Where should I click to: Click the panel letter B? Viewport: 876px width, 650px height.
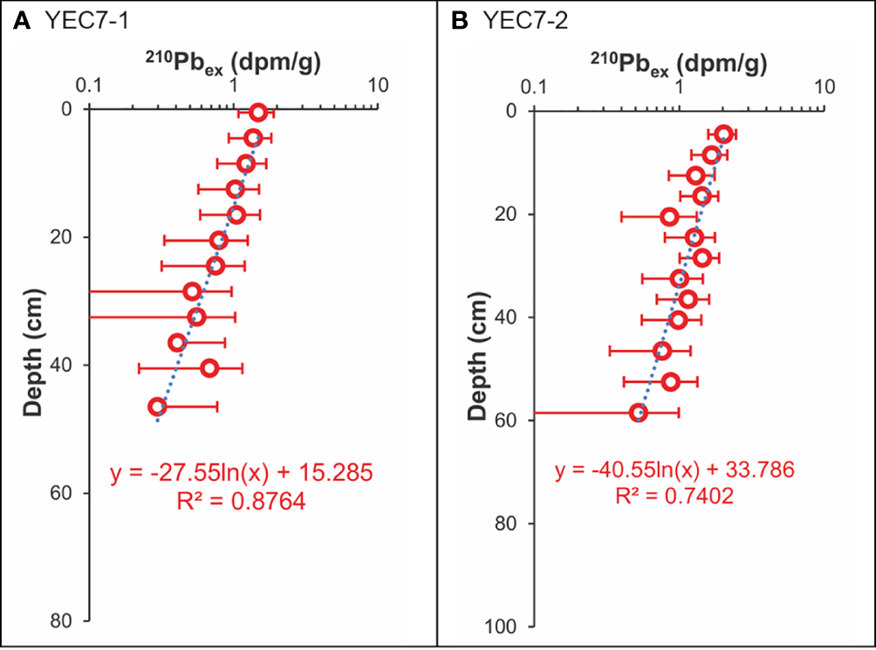click(x=459, y=21)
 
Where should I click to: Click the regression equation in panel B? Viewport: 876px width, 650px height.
click(x=674, y=472)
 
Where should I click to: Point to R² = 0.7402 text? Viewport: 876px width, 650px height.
click(x=674, y=497)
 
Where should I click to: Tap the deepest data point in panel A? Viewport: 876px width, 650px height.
click(x=157, y=407)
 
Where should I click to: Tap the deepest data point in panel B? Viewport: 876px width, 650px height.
click(x=639, y=413)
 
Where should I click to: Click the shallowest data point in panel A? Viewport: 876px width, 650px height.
click(x=257, y=113)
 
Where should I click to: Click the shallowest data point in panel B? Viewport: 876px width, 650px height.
click(x=723, y=133)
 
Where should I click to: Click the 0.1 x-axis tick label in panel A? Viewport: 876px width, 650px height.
click(x=90, y=86)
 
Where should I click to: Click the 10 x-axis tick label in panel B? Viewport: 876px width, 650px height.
click(x=823, y=86)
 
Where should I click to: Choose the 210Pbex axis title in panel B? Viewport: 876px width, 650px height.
click(x=675, y=62)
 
